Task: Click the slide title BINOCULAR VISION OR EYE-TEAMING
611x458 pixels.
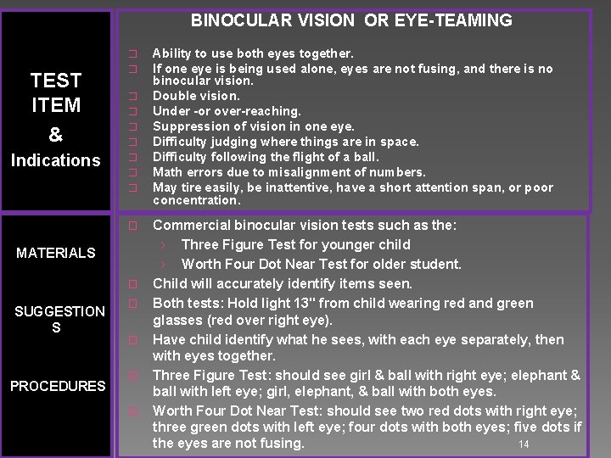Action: pos(351,20)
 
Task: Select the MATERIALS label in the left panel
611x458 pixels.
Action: pos(56,253)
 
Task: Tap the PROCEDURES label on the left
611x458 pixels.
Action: pos(58,386)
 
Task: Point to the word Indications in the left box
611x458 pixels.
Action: pos(55,160)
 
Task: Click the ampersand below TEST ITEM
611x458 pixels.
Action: pos(56,134)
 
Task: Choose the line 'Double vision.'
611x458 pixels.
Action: pos(196,96)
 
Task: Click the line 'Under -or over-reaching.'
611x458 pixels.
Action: pos(227,111)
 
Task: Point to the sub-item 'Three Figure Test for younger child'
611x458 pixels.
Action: pos(283,244)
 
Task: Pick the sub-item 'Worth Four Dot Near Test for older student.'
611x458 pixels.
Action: pos(322,264)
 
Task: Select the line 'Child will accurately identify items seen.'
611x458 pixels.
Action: pos(283,283)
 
